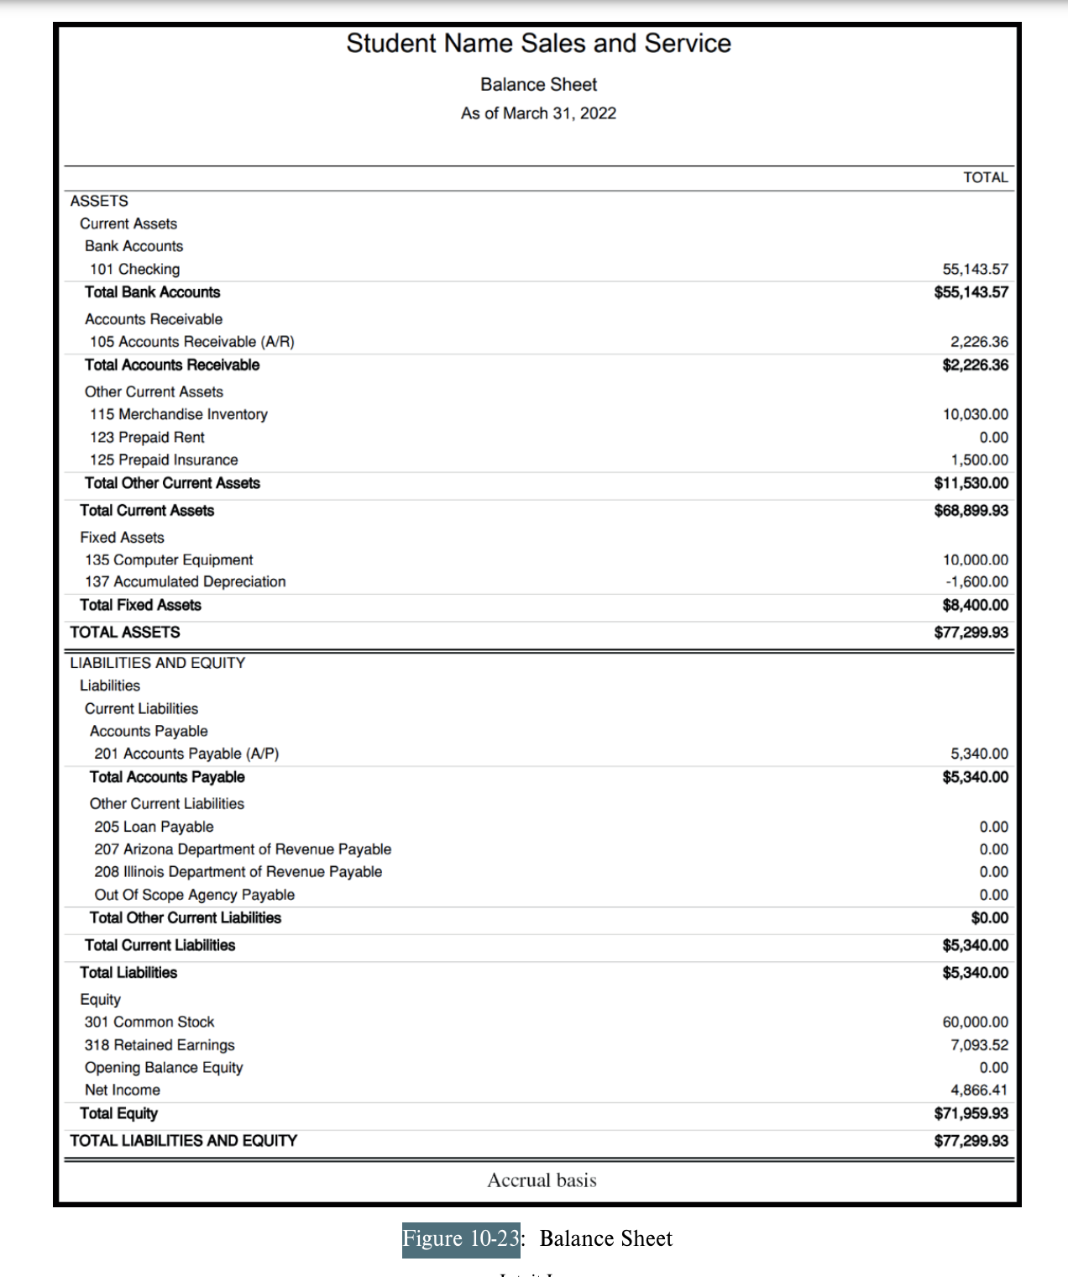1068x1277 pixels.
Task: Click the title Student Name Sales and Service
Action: tap(538, 44)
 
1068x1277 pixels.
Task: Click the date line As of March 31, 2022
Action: tap(538, 113)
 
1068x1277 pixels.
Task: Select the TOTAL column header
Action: tap(985, 177)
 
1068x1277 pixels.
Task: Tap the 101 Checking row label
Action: tap(134, 269)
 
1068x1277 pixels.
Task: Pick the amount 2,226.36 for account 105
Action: tap(979, 342)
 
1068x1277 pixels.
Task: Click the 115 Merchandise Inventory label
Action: tap(178, 414)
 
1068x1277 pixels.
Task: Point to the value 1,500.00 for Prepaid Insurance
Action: tap(979, 460)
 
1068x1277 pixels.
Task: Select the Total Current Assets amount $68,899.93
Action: tap(971, 511)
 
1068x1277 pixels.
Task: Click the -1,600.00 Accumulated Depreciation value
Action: tap(976, 582)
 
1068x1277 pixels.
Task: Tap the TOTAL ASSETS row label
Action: tap(124, 633)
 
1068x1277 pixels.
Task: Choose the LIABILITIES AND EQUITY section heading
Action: tap(157, 663)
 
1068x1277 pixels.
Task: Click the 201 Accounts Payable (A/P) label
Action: tap(186, 754)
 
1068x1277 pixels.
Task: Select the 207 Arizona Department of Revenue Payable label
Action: tap(243, 849)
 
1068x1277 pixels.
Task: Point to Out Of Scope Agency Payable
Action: tap(194, 895)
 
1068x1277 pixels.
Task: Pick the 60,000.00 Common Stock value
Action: tap(975, 1022)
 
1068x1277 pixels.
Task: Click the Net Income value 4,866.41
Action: tap(979, 1090)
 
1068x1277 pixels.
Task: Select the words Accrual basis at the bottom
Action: tap(542, 1180)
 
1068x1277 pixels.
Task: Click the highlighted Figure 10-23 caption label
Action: tap(460, 1239)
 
